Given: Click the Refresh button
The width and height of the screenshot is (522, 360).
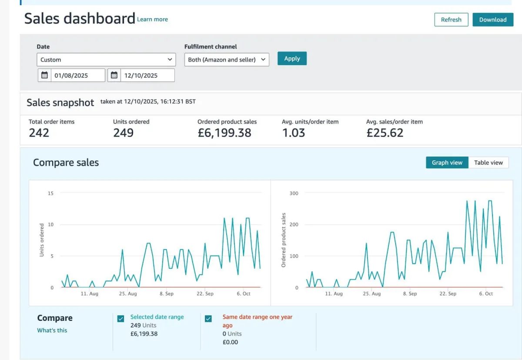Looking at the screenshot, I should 451,20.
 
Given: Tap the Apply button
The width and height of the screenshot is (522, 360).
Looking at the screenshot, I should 292,59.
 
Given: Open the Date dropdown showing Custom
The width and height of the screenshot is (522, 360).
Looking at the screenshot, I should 106,60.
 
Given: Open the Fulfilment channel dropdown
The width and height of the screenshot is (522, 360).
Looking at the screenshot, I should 227,60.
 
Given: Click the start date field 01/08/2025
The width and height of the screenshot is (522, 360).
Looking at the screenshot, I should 77,75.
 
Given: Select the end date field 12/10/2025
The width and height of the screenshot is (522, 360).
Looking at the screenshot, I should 147,75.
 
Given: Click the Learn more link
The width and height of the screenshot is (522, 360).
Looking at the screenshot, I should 152,19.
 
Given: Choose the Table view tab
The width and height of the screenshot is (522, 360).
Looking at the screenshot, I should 488,163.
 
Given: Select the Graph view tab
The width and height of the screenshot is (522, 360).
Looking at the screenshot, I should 447,163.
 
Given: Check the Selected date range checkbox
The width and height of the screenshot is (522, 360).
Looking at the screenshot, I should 121,319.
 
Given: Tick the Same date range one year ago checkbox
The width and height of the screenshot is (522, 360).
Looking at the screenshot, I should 208,319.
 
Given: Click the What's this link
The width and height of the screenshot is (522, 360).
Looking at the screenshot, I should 52,330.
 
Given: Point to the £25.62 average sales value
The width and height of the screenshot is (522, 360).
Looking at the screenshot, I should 385,133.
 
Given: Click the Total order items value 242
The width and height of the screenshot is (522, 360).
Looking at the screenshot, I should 39,133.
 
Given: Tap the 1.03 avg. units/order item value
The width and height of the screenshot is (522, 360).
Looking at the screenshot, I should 294,133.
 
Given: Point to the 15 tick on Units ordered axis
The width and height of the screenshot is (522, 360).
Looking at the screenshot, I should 50,193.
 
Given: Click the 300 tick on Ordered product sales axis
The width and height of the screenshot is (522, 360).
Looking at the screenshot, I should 294,193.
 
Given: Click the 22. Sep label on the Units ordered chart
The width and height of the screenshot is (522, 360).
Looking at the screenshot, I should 205,294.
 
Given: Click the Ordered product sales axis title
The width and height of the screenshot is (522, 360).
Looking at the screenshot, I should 284,240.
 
